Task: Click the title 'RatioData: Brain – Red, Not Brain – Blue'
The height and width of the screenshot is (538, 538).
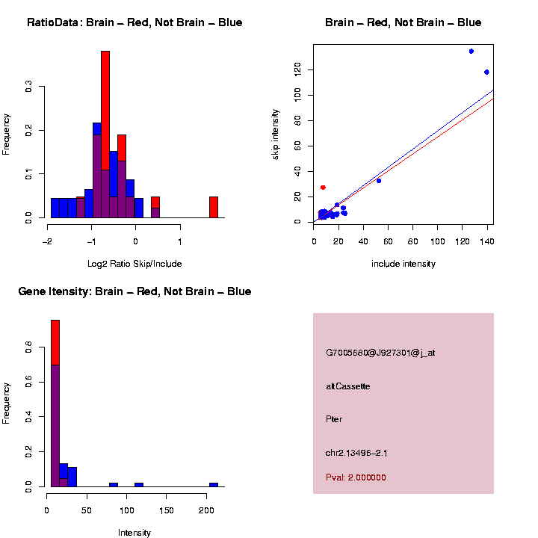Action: pos(134,22)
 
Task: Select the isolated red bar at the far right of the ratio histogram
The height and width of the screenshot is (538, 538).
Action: pos(214,207)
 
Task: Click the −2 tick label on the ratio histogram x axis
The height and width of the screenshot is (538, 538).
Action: pos(46,241)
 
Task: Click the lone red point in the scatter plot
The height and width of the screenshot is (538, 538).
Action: pos(323,187)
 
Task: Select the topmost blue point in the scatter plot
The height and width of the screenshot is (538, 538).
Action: pos(471,52)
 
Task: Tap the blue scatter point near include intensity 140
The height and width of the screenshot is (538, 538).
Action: pos(486,72)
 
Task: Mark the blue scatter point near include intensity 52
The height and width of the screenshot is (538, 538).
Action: pos(379,181)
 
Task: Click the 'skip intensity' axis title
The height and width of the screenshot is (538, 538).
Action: pos(276,133)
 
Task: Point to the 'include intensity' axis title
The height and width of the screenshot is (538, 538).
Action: pos(403,264)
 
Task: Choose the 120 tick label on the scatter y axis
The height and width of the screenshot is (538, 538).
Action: pos(297,69)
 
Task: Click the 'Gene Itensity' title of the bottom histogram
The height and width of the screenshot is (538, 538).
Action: pos(134,291)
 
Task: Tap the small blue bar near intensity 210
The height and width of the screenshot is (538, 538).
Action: pos(214,484)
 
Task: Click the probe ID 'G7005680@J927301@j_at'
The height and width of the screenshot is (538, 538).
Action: pos(380,353)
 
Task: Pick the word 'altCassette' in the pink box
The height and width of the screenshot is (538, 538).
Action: pos(348,386)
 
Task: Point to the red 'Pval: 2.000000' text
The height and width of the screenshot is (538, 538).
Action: pos(356,477)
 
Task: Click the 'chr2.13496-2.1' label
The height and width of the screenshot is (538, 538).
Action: pos(356,453)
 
